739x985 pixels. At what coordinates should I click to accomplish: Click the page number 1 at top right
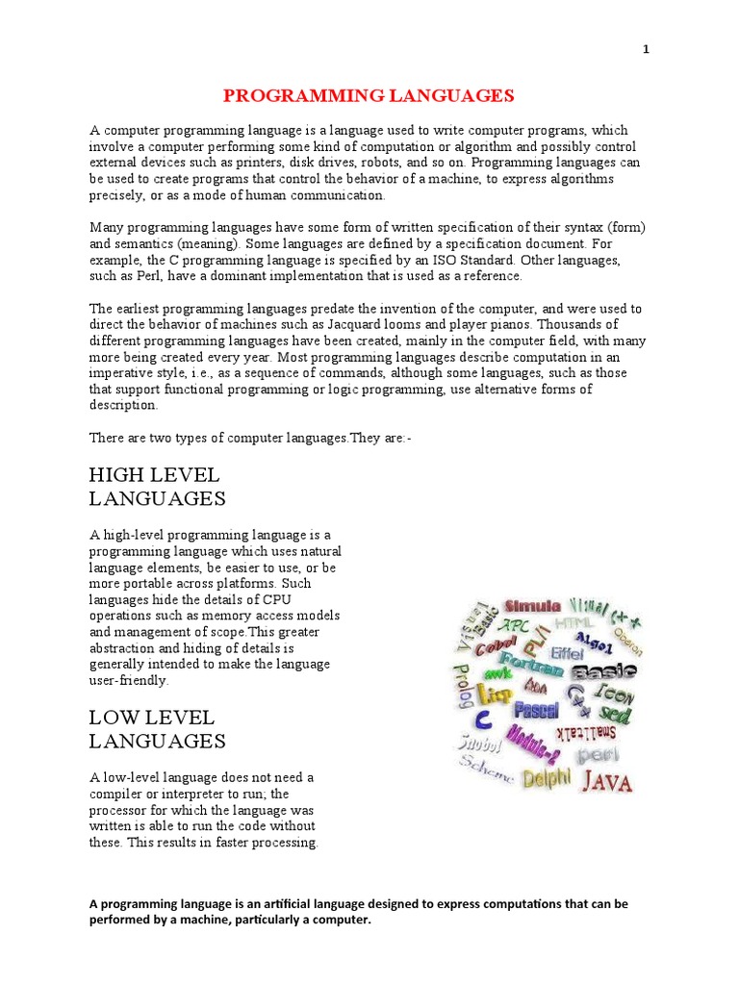(647, 50)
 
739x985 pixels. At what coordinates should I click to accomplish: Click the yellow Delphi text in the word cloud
(547, 777)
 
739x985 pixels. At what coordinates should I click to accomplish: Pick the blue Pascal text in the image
(536, 711)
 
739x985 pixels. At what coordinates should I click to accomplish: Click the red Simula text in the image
(532, 606)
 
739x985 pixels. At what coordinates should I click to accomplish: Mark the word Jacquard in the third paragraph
(367, 324)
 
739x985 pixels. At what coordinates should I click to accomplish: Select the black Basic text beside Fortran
(604, 670)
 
